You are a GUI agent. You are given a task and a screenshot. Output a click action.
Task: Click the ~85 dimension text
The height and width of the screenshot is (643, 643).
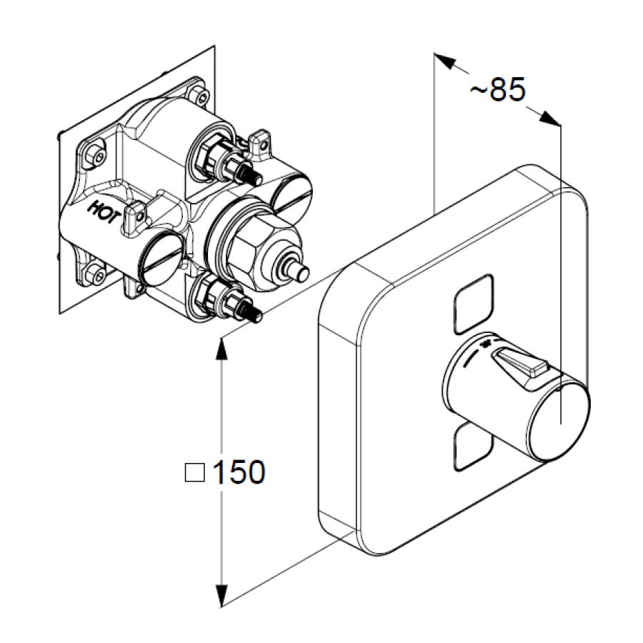point(497,89)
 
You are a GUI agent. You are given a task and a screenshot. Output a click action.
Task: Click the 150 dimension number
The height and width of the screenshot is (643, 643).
point(239,472)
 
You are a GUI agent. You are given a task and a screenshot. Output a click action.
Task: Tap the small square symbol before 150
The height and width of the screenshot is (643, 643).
point(194,472)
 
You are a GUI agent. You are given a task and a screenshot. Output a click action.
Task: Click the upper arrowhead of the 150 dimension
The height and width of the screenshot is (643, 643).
point(221,349)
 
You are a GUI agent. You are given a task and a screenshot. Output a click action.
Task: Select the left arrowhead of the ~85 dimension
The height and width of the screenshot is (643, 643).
point(445,61)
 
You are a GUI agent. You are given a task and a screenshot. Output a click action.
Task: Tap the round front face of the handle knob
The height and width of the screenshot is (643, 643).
point(561,422)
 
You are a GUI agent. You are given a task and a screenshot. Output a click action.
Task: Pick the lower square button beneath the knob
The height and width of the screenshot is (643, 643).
point(473,447)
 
